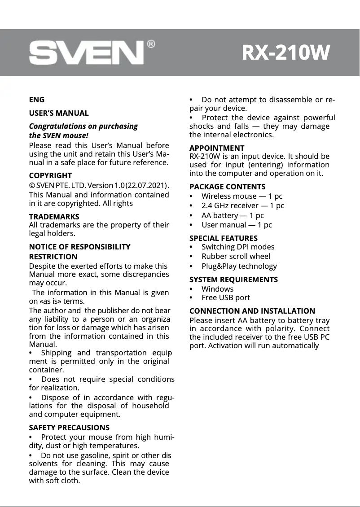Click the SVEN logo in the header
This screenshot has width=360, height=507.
click(86, 53)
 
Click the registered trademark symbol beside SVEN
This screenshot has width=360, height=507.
click(151, 44)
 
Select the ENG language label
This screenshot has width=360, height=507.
click(36, 100)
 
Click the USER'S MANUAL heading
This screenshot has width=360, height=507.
click(59, 113)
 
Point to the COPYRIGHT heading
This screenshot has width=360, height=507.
click(50, 175)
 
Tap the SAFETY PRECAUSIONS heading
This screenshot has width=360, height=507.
click(69, 428)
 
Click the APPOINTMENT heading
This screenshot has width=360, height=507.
click(217, 148)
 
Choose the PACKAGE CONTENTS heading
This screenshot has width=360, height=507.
click(228, 187)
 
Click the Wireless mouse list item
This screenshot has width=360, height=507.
click(242, 196)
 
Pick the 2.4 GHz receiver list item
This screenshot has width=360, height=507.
click(243, 206)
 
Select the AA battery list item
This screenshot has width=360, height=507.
click(233, 215)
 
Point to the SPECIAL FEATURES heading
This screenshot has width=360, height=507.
click(224, 238)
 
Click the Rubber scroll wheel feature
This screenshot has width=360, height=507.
click(236, 257)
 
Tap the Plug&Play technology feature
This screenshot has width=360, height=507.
click(239, 267)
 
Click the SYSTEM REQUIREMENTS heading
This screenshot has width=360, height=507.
click(233, 280)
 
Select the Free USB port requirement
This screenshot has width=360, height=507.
click(226, 298)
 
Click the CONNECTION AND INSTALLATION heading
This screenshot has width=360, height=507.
click(252, 311)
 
